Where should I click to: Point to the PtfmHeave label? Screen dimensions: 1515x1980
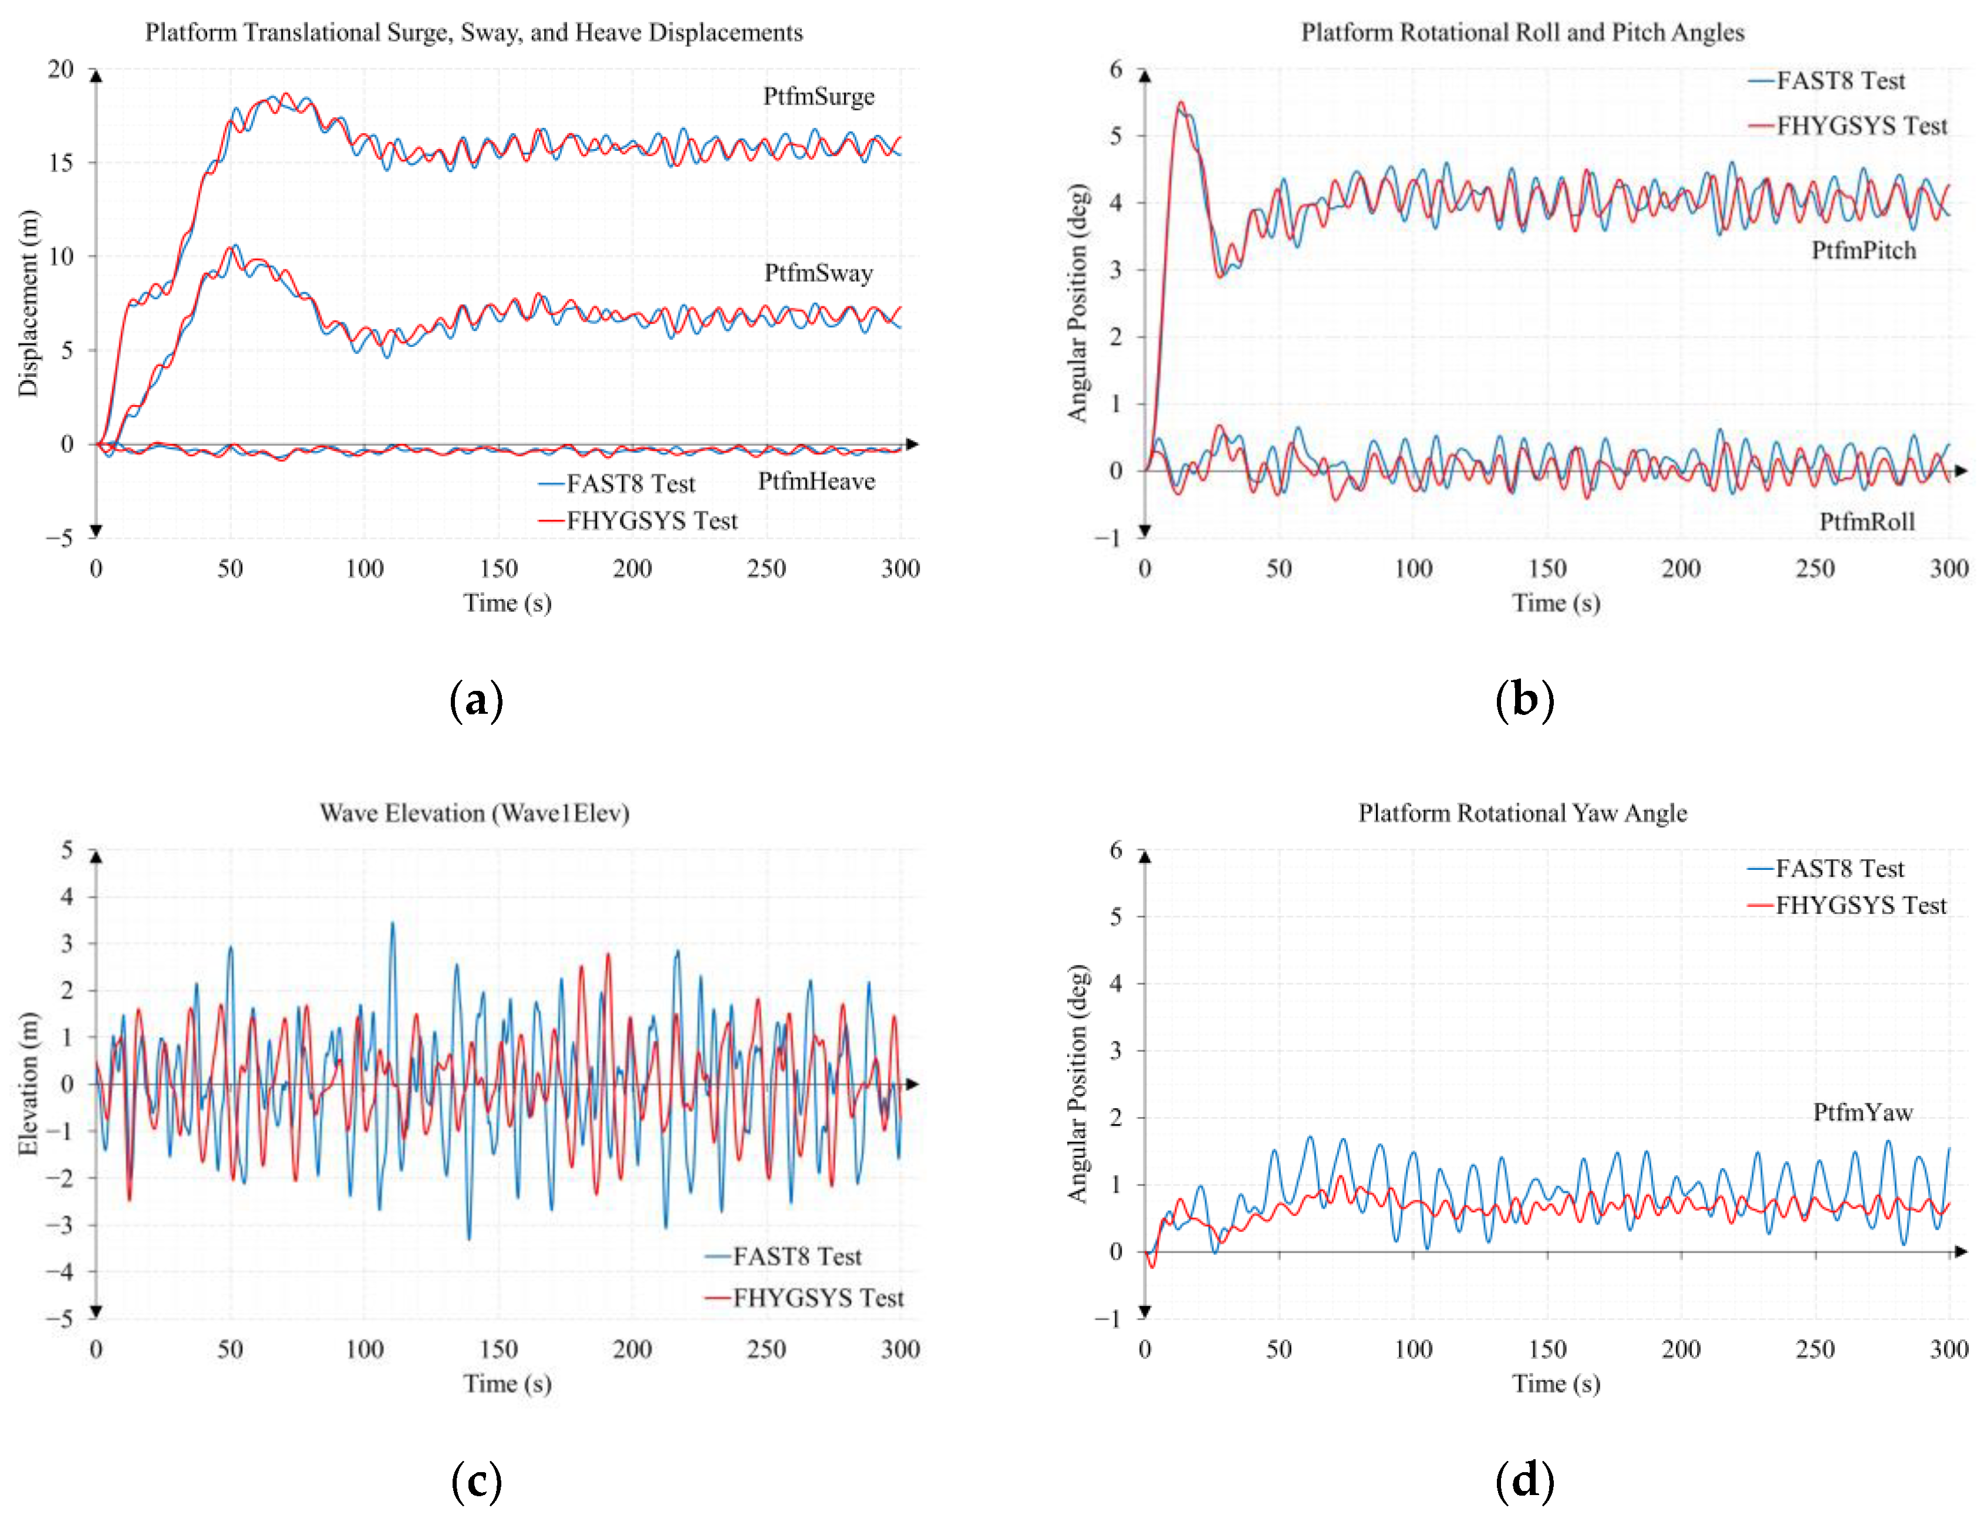(x=815, y=481)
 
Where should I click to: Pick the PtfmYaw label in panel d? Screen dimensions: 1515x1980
(x=1862, y=1112)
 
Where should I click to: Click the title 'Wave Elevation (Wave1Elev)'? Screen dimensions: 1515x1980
(x=474, y=814)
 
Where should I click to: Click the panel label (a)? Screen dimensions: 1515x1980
(x=476, y=701)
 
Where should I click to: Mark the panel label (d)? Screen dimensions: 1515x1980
(x=1524, y=1481)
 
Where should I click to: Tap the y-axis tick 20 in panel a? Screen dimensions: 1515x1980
(x=61, y=69)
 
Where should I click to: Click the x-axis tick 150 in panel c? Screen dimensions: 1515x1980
(x=498, y=1349)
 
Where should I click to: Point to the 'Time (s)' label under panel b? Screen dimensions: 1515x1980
(x=1556, y=602)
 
